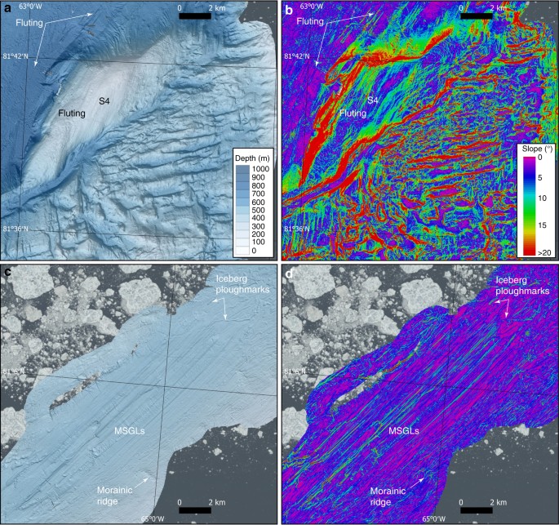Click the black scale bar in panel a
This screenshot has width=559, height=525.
194,16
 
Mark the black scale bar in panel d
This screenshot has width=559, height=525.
476,509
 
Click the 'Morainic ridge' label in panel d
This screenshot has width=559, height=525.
392,494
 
